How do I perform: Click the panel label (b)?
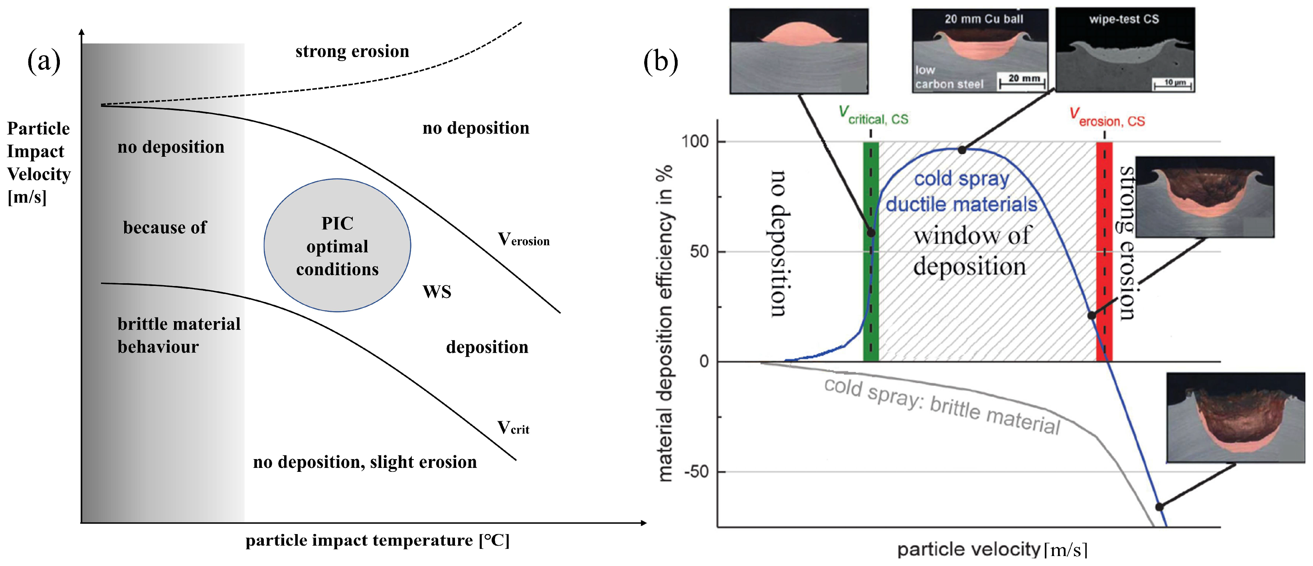[660, 62]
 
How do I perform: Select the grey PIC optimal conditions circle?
[337, 245]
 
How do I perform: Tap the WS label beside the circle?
[437, 292]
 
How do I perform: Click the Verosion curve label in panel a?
[524, 239]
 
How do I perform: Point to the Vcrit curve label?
[513, 428]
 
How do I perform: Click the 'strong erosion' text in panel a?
[352, 51]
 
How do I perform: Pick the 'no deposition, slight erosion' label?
[365, 462]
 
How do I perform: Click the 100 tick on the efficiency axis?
[696, 141]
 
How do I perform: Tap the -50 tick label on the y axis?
[696, 472]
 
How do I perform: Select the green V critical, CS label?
[873, 116]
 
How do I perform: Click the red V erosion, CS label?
[1107, 117]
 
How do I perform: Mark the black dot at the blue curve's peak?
[962, 150]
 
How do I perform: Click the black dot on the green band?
[871, 233]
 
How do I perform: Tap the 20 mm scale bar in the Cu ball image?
[1022, 81]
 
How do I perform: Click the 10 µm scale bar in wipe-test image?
[1173, 83]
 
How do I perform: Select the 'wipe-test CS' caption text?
[1124, 20]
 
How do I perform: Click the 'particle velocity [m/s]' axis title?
[992, 549]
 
